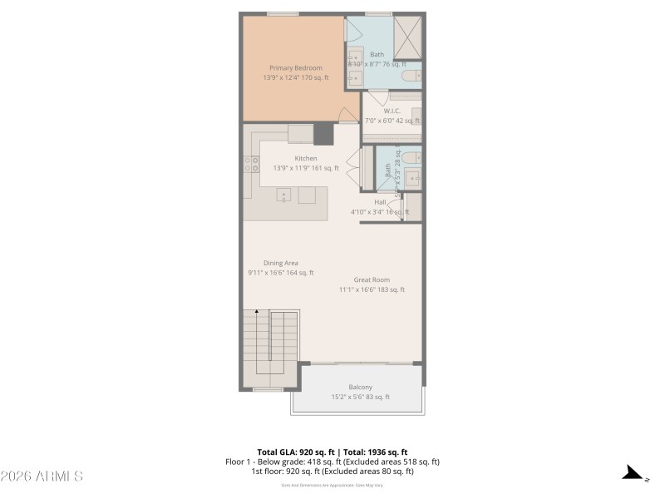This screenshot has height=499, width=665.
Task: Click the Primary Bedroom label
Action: pos(295,67)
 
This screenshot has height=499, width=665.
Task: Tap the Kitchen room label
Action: pos(305,158)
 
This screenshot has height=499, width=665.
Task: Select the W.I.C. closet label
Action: pos(392,111)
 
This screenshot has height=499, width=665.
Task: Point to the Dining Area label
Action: pos(280,263)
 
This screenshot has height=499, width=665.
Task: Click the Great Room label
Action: pos(371,279)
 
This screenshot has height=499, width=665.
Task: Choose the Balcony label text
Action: pos(360,387)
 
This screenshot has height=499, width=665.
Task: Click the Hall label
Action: pos(380,202)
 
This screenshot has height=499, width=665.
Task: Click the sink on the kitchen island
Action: pos(283,196)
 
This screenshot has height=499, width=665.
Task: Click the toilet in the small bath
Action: pos(410,156)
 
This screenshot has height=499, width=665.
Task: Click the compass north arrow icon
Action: pos(635,474)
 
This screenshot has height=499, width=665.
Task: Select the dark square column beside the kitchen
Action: pos(323,133)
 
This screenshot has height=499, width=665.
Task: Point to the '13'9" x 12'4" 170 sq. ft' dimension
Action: pos(295,77)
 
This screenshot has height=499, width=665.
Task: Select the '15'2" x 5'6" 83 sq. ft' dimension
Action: pos(360,397)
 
